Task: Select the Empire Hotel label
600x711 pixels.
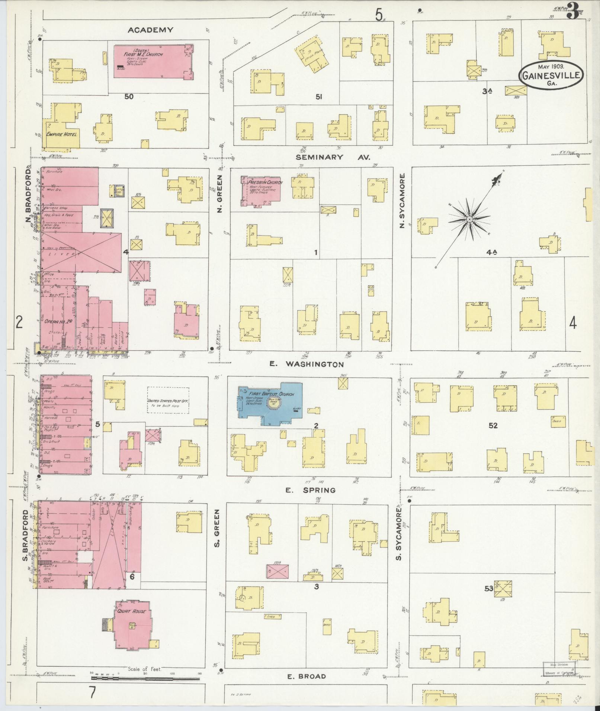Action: [x=62, y=134]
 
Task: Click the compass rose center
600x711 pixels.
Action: [x=470, y=220]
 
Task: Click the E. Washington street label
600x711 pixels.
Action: [x=307, y=365]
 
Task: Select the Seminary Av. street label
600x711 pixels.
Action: [x=333, y=157]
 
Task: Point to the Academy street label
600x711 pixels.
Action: [x=150, y=30]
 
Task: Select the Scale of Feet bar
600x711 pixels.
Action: [x=145, y=679]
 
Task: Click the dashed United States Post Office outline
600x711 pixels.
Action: [x=168, y=400]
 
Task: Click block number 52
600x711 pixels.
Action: [x=493, y=426]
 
